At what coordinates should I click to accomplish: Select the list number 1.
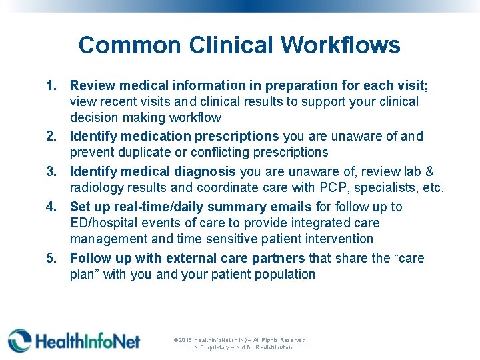point(51,86)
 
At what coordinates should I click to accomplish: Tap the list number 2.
point(51,137)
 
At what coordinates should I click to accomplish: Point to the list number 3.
point(51,171)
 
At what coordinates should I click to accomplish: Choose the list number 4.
point(51,207)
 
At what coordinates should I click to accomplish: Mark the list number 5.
point(51,258)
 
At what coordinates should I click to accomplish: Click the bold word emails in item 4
point(291,207)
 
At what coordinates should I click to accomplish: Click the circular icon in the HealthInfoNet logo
point(19,340)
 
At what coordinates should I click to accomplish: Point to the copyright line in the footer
point(239,340)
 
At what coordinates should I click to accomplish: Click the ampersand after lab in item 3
point(430,171)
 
